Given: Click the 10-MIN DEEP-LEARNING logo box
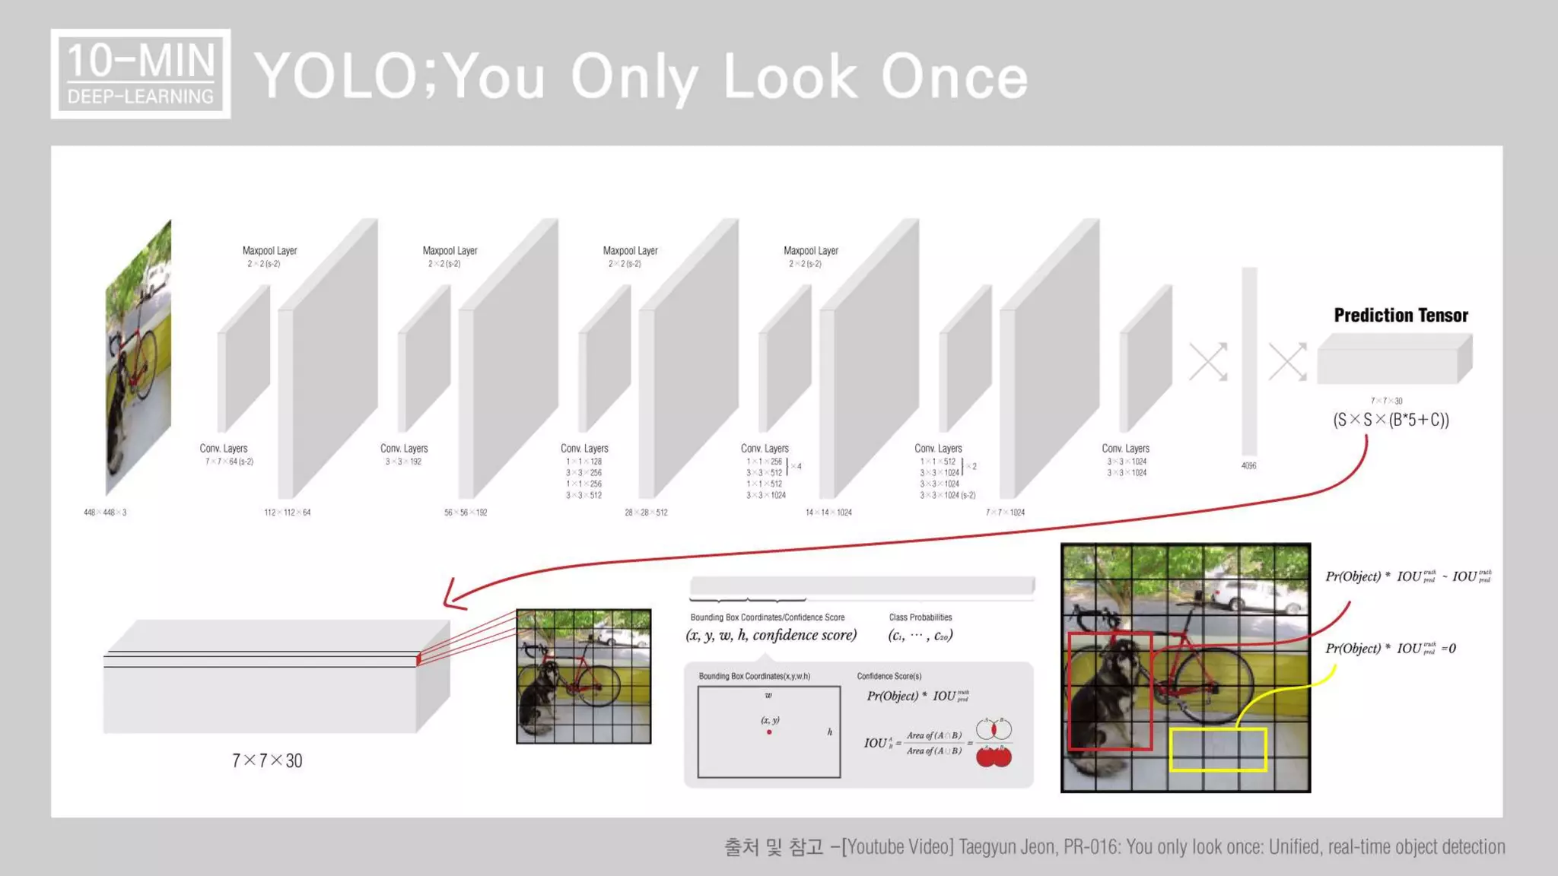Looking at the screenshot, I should pos(141,74).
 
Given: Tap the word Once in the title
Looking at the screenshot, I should pos(954,77).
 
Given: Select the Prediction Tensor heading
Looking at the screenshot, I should pos(1401,316).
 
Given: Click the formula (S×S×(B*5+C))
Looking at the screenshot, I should pos(1391,420).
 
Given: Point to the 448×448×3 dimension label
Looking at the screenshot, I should pos(105,513).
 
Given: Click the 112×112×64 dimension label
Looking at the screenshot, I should pos(287,513).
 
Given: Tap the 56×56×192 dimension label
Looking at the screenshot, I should pos(466,513).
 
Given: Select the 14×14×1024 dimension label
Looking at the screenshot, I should pos(828,513).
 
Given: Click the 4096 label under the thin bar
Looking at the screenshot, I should pos(1248,465).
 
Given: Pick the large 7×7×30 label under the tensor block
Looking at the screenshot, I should pos(267,760).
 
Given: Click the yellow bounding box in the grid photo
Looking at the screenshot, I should pos(1217,749).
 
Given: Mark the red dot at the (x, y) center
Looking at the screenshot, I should pos(769,732).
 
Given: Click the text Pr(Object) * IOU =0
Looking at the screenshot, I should pos(1390,649).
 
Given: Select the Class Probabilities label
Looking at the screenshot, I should pos(920,617).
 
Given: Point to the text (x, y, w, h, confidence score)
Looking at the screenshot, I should pos(771,636).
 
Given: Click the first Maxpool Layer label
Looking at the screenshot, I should pos(269,251).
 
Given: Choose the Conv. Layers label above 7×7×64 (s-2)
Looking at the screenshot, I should pos(224,449).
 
